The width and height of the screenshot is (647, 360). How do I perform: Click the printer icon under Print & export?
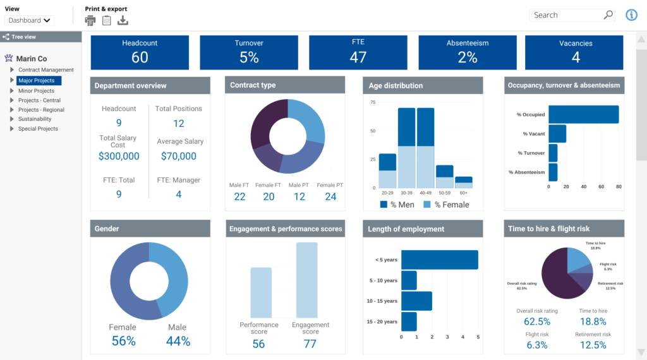90,20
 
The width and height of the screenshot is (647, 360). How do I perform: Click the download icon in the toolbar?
123,20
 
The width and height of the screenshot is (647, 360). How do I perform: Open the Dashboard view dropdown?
30,20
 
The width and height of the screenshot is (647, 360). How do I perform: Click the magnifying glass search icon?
608,15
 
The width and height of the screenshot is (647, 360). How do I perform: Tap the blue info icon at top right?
631,15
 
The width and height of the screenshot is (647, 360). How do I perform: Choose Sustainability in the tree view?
35,119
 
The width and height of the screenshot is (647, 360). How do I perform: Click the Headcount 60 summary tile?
140,52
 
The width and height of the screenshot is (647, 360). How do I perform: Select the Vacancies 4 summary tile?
576,52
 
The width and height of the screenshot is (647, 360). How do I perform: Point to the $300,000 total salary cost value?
119,156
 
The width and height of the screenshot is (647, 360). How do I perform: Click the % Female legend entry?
446,205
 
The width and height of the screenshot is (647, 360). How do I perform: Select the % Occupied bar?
583,114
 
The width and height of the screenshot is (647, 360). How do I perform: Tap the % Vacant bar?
557,134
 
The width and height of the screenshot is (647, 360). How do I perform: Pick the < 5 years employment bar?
440,260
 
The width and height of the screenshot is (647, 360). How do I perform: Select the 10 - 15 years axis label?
382,301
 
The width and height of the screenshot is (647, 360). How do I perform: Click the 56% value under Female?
123,341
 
